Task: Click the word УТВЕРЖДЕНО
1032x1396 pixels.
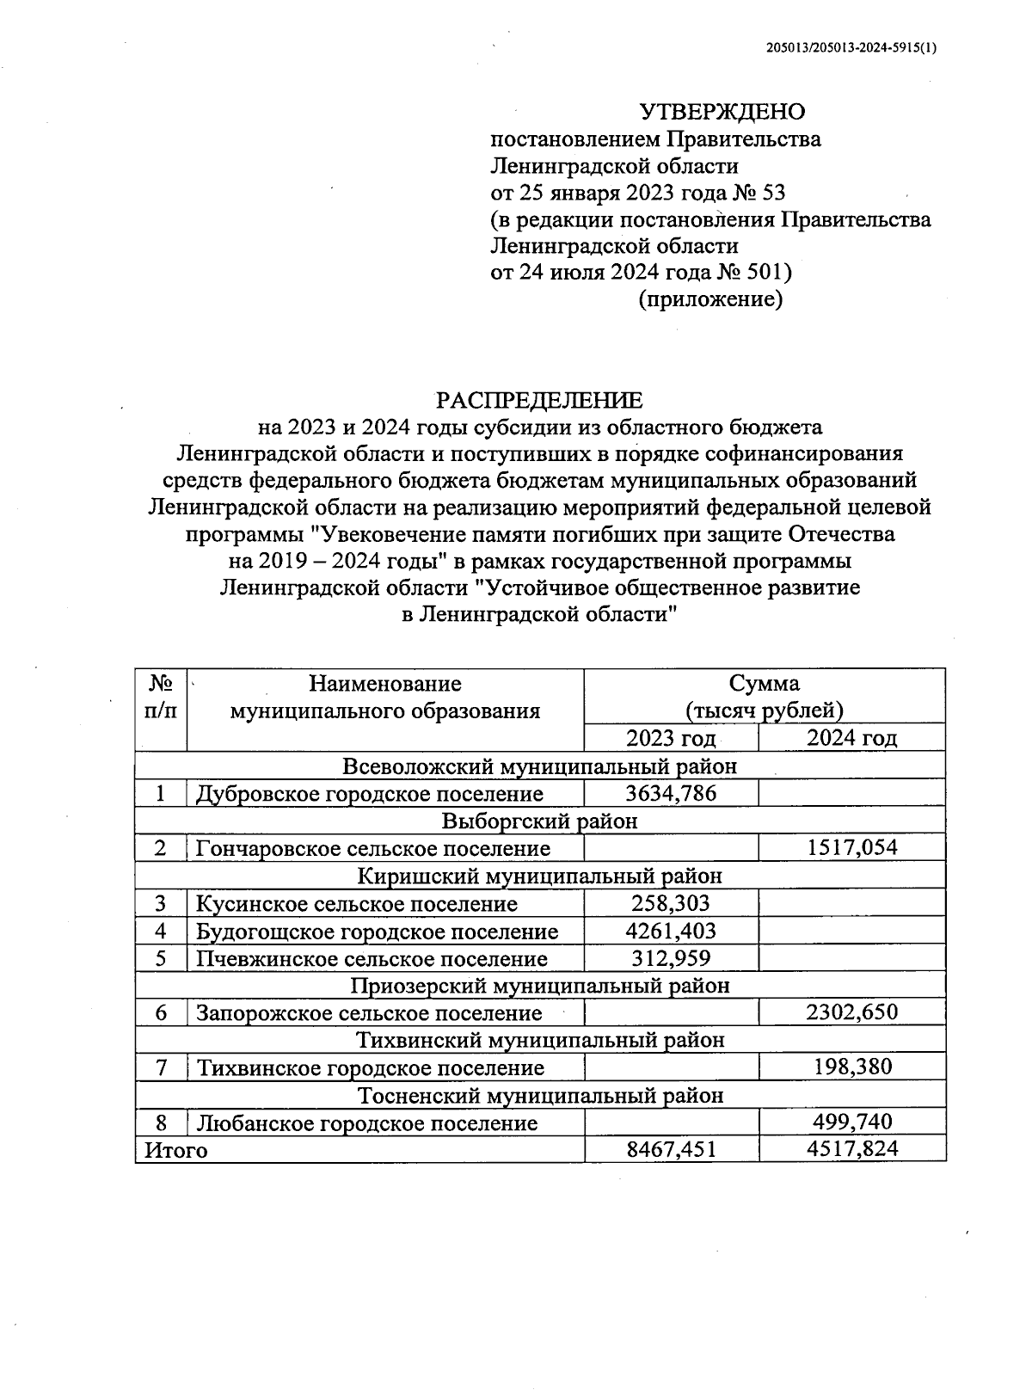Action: click(x=722, y=112)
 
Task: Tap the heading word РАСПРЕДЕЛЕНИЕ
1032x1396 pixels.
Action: click(x=539, y=400)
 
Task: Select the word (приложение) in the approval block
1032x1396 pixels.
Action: click(x=709, y=299)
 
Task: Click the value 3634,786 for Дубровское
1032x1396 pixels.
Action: click(x=671, y=793)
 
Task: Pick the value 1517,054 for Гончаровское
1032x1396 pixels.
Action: click(x=851, y=848)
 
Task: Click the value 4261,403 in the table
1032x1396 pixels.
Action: click(x=671, y=931)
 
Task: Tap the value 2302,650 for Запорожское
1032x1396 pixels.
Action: click(x=851, y=1012)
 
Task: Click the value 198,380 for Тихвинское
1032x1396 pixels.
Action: click(x=852, y=1067)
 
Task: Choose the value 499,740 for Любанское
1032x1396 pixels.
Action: click(x=852, y=1122)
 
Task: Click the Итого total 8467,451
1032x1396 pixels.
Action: click(x=671, y=1150)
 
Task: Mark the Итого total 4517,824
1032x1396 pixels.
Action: click(x=851, y=1150)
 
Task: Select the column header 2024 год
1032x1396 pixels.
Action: click(x=851, y=739)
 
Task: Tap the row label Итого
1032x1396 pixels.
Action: click(x=176, y=1150)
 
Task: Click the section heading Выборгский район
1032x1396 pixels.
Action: click(x=539, y=821)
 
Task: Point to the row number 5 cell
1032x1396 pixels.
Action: click(x=161, y=958)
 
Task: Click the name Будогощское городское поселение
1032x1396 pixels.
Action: click(x=377, y=932)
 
